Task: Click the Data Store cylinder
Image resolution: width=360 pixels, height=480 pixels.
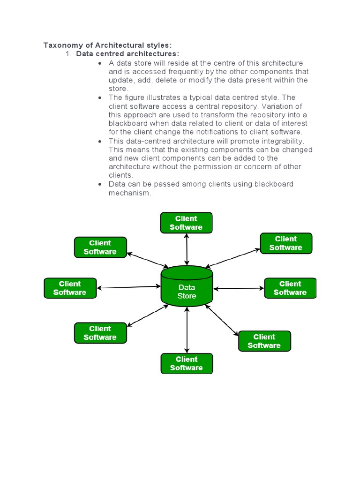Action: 187,287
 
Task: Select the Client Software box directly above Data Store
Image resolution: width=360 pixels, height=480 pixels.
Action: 186,223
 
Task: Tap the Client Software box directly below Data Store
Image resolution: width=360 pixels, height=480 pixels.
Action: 187,363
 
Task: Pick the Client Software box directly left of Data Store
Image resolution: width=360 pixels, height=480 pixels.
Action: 70,288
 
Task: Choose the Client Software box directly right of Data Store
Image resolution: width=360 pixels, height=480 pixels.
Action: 290,288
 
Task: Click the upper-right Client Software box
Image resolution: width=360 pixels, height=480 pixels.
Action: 286,243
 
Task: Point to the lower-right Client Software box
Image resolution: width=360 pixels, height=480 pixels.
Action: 264,341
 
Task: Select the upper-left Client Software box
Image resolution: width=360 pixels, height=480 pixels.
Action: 100,247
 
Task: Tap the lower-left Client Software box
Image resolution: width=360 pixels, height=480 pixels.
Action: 100,333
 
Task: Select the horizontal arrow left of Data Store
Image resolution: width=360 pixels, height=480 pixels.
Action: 129,287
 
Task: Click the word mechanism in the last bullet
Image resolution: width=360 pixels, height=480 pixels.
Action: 130,193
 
